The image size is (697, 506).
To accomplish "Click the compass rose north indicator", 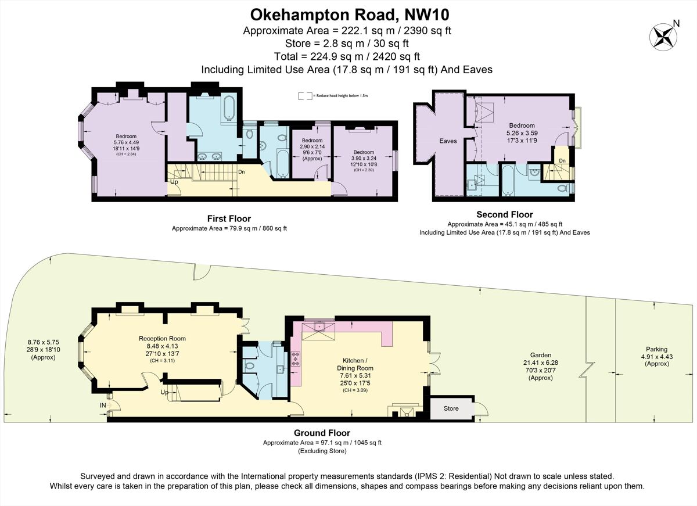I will click(x=663, y=36).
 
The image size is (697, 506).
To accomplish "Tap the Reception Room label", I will click(x=162, y=339).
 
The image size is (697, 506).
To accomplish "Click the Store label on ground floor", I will click(x=451, y=408).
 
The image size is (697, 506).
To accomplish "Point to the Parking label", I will click(x=654, y=350).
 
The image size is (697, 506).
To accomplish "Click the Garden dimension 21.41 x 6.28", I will click(x=540, y=363).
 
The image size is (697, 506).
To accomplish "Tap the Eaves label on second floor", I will click(x=448, y=141).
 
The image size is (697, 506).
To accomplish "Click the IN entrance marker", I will click(x=103, y=405).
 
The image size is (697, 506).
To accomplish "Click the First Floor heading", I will click(x=229, y=219).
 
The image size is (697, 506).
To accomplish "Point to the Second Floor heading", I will click(x=504, y=215).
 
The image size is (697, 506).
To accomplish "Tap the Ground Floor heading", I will click(x=322, y=433).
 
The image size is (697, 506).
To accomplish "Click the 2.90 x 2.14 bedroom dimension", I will click(x=312, y=148).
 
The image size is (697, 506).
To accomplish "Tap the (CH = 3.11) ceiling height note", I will click(x=162, y=360).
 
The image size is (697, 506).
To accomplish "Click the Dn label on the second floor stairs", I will click(x=562, y=161).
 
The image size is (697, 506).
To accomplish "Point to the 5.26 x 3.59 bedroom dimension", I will click(x=522, y=132).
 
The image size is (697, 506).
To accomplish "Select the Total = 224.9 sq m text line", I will click(x=347, y=56).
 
